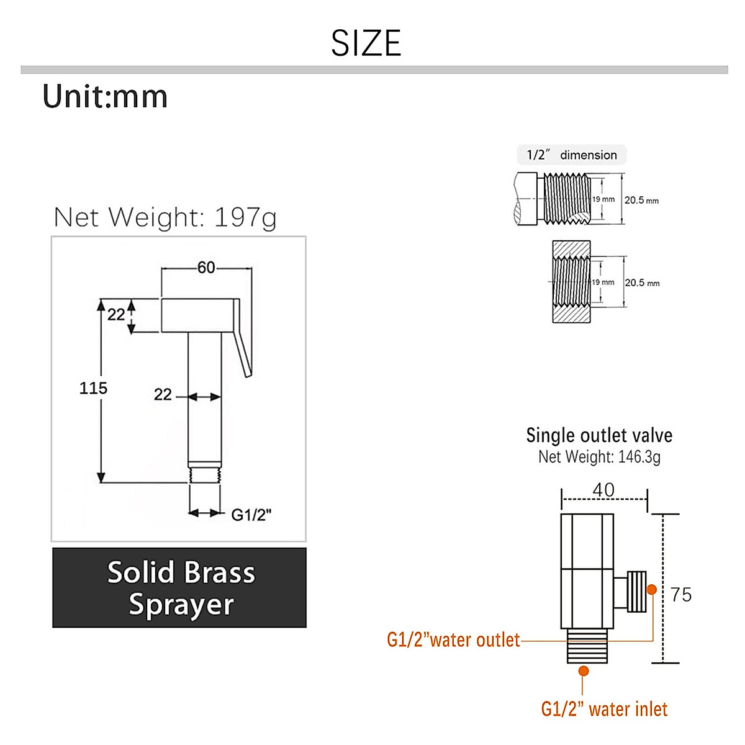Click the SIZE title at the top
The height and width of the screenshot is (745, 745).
[x=366, y=43]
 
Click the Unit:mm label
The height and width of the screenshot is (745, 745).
[x=106, y=97]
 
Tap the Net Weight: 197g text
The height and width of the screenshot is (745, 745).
[x=165, y=217]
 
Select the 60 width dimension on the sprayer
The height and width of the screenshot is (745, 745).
[x=206, y=268]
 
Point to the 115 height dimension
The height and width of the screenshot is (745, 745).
[x=93, y=388]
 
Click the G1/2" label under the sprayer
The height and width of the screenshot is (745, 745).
[x=251, y=515]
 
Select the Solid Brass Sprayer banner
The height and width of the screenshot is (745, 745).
[x=179, y=587]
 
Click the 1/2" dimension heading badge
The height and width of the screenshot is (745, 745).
[x=572, y=155]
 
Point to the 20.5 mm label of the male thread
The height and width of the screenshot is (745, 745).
[x=641, y=200]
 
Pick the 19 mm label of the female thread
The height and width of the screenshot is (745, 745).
[x=603, y=282]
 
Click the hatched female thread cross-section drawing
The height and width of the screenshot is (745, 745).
[x=571, y=282]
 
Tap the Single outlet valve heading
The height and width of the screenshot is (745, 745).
[x=599, y=435]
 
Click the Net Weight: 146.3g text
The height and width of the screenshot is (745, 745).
[x=599, y=457]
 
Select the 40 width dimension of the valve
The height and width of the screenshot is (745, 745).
[x=603, y=490]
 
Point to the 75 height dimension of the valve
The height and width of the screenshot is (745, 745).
[x=681, y=595]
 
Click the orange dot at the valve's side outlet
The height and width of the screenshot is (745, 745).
[x=652, y=589]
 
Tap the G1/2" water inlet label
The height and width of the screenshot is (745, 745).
[x=604, y=709]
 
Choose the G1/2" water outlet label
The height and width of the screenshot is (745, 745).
[x=453, y=640]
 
